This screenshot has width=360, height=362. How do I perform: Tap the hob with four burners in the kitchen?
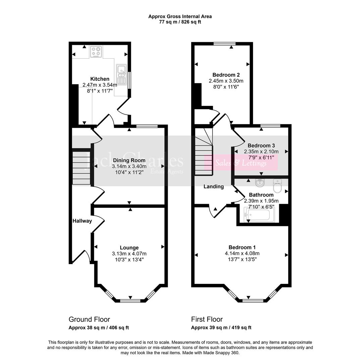(96, 52)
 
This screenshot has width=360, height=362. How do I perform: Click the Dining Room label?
(129, 160)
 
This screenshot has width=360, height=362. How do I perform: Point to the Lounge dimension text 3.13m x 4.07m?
(129, 253)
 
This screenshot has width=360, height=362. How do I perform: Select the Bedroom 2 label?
(226, 75)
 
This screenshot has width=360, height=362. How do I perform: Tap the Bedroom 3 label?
(261, 145)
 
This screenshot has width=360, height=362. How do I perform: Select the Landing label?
(214, 187)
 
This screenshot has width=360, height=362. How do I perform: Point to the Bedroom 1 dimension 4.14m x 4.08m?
(242, 253)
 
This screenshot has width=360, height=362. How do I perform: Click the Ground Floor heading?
(89, 319)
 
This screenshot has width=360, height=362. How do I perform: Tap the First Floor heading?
(207, 319)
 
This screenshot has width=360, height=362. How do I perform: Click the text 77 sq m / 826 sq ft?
(180, 22)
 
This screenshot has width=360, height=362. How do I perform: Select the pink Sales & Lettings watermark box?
(241, 163)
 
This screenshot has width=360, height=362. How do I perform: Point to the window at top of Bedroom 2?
(224, 44)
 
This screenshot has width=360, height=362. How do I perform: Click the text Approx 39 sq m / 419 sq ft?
(221, 328)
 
